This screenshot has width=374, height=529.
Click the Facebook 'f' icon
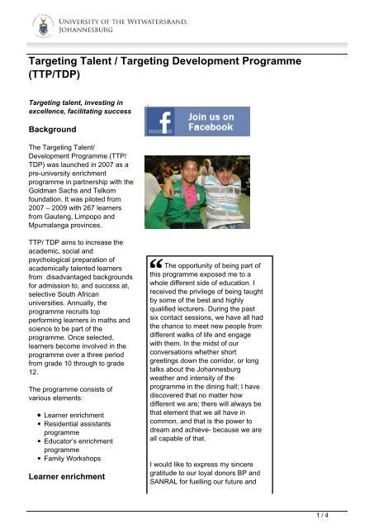(159, 122)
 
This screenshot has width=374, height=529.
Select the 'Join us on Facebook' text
(211, 122)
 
